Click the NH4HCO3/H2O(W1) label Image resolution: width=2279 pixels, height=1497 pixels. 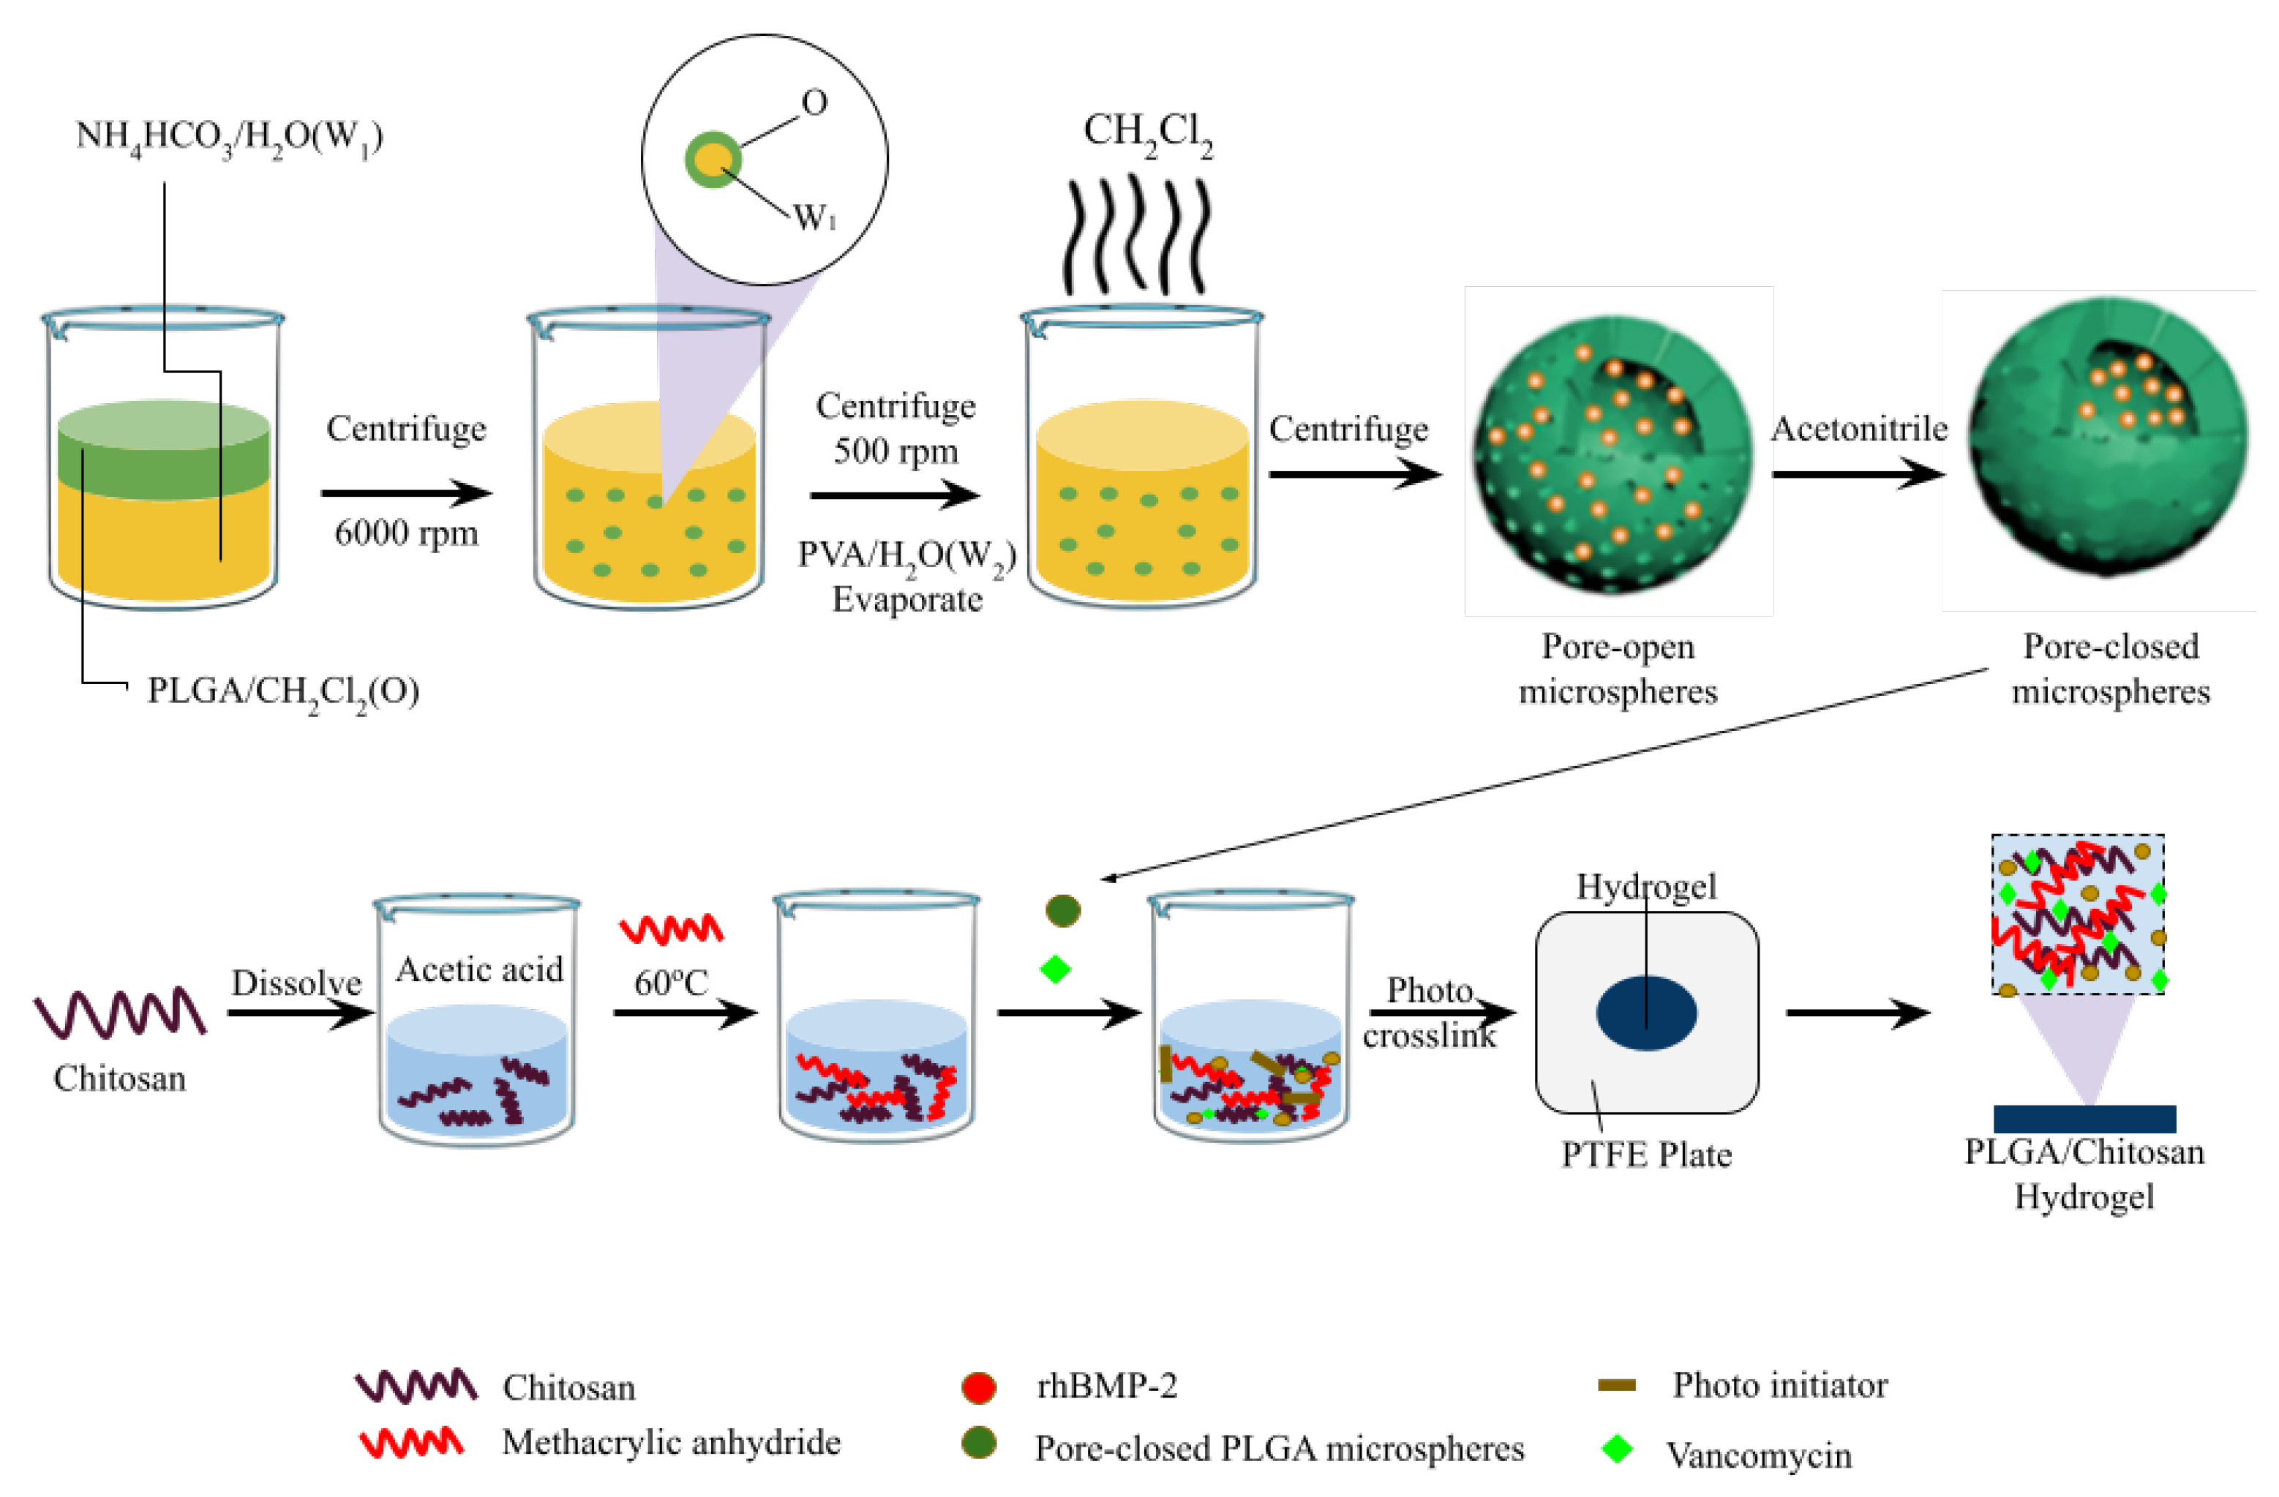coord(229,136)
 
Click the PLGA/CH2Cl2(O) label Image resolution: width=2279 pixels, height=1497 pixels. coord(282,691)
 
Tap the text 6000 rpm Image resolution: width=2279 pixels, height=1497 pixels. coord(406,533)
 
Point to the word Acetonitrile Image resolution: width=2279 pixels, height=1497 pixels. coord(1858,428)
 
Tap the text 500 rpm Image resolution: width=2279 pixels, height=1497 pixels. coord(896,450)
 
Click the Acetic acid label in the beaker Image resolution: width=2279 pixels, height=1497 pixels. coord(478,969)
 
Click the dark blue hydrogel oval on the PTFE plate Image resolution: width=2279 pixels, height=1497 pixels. coord(1646,1013)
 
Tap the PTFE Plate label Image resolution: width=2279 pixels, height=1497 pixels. coord(1646,1154)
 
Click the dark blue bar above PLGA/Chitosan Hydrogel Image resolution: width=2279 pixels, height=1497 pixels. coord(2084,1119)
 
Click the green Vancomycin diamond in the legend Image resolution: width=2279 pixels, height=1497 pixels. coord(1616,1449)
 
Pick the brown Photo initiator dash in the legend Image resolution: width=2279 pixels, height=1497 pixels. coord(1616,1385)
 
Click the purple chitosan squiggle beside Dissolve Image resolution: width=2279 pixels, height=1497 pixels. coord(120,1013)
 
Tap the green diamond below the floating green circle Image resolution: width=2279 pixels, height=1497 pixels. coord(1054,969)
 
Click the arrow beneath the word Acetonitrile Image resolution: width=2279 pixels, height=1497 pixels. coord(1858,474)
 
